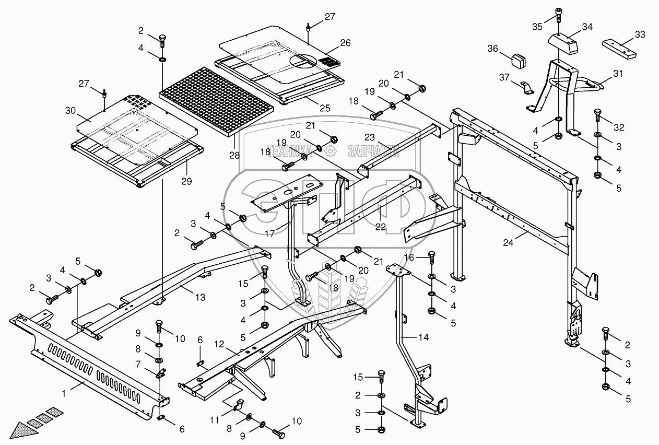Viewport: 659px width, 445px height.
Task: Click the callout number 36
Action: (x=492, y=49)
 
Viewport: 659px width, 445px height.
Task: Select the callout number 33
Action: (x=640, y=34)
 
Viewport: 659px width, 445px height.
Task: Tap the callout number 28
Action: (x=234, y=155)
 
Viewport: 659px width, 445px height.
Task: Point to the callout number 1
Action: (x=64, y=394)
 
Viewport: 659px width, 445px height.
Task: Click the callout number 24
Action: (x=508, y=243)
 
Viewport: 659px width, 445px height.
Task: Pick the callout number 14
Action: (x=423, y=337)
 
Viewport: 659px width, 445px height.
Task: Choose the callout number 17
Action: (x=270, y=233)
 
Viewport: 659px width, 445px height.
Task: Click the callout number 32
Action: (x=619, y=127)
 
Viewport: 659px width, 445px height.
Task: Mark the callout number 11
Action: (x=215, y=420)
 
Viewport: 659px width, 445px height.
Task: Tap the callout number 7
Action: (x=138, y=365)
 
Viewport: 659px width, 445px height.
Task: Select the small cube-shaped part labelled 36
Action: (x=519, y=61)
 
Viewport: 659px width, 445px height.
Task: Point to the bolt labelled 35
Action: (x=558, y=15)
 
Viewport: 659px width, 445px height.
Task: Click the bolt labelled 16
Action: (x=431, y=258)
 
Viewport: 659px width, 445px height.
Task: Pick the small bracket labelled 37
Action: (x=525, y=89)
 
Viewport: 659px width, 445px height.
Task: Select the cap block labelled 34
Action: (x=562, y=43)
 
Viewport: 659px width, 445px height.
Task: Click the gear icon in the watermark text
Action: (x=331, y=151)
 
